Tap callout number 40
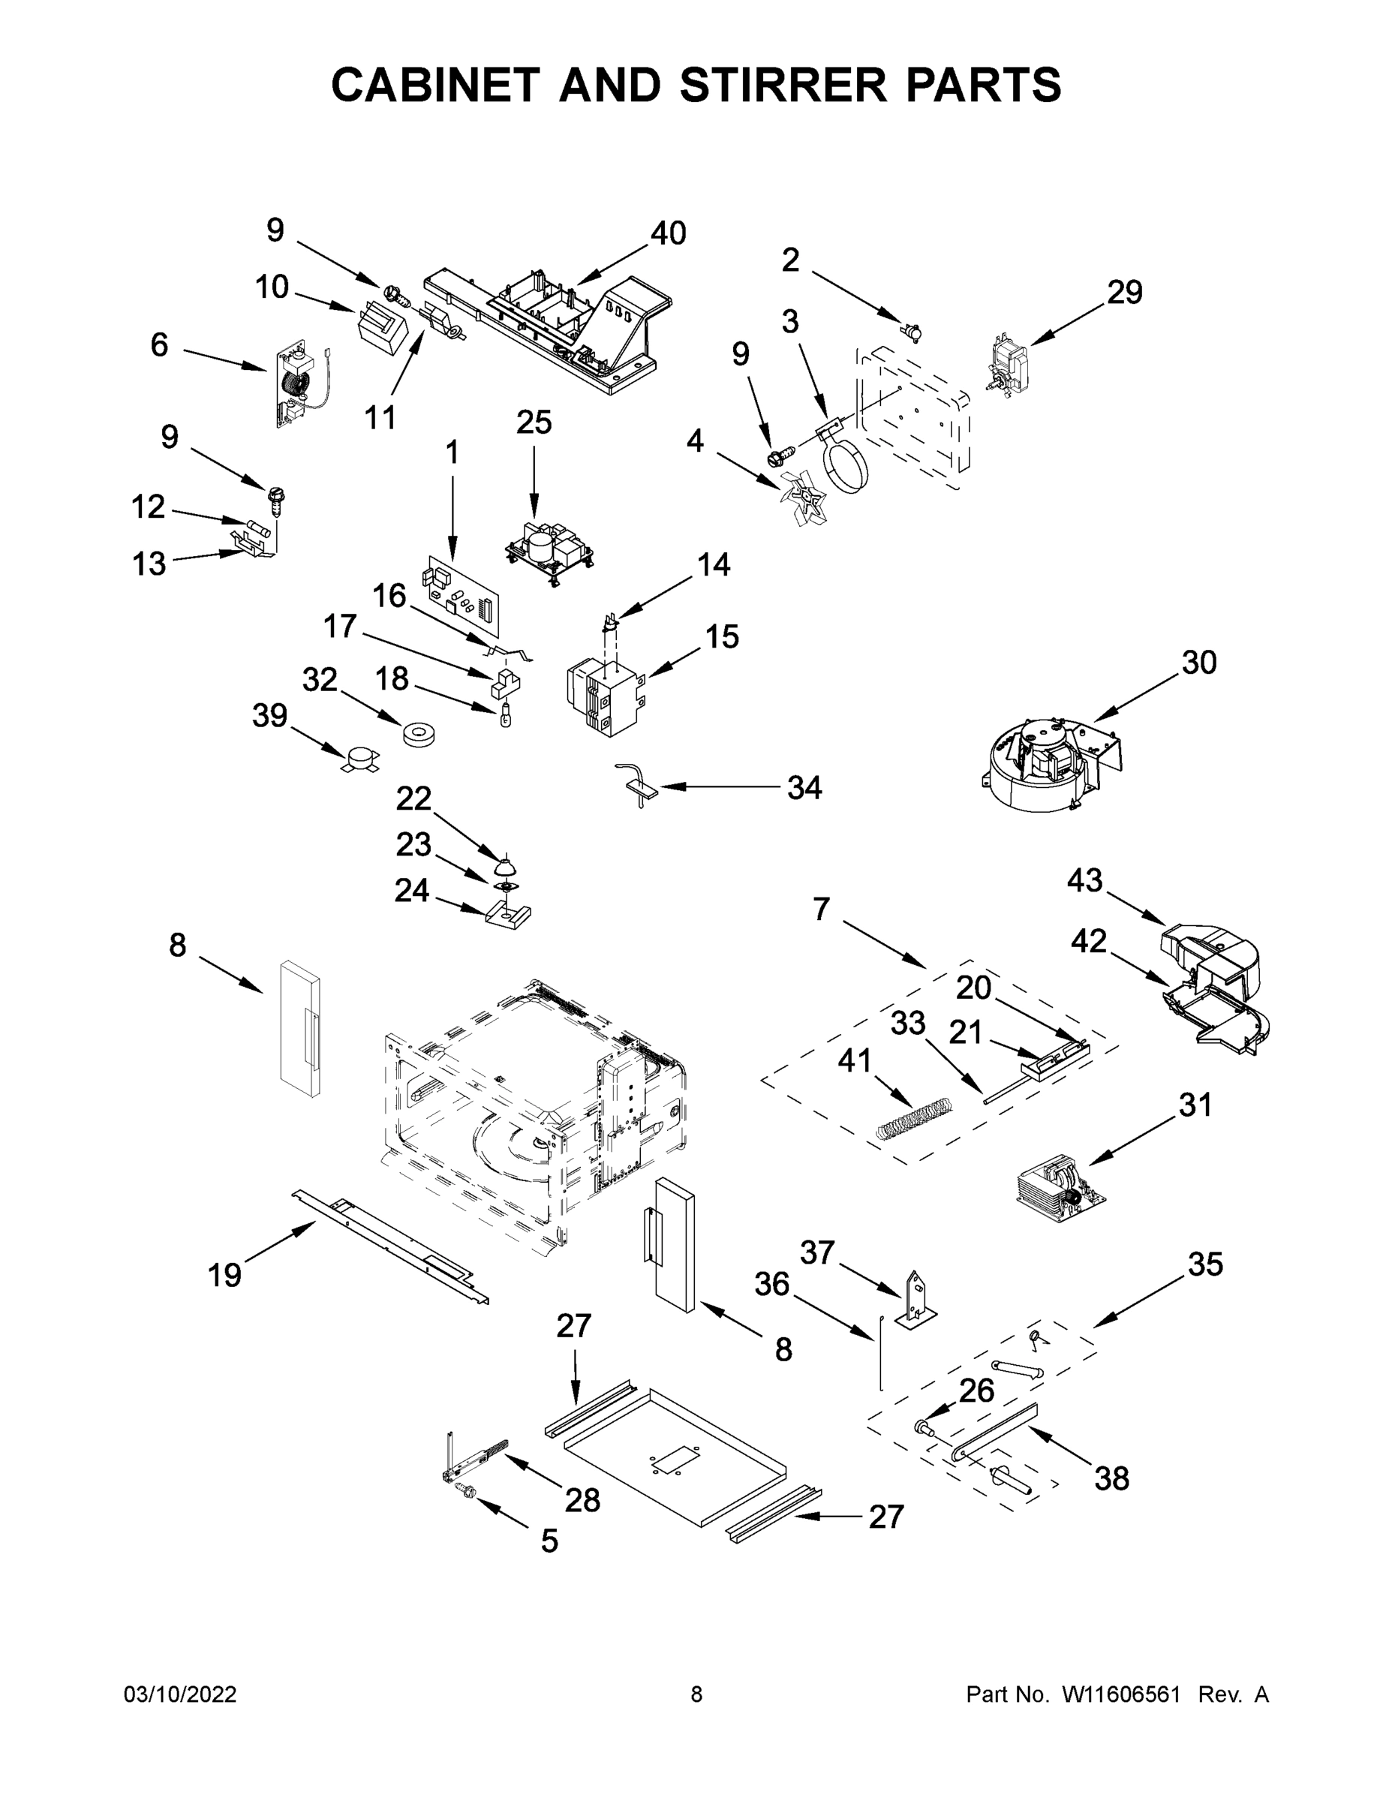pos(668,234)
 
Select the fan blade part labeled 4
pos(801,498)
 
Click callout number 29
pos(1124,293)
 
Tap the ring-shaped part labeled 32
pos(419,734)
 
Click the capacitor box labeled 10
pos(381,327)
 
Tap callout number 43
pos(1084,881)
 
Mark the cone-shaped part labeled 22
pos(505,866)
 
